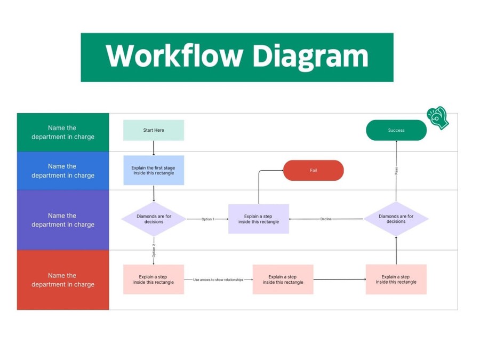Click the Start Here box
point(154,130)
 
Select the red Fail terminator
point(314,171)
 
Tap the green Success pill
point(396,130)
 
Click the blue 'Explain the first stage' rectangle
point(154,170)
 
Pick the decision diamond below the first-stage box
point(154,219)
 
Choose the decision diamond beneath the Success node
point(396,219)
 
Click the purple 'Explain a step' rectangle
point(259,219)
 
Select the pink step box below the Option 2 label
point(154,279)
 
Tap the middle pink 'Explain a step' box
point(283,279)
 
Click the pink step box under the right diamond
point(396,279)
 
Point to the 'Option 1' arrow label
point(207,219)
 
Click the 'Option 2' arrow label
point(154,251)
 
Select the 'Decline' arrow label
point(326,219)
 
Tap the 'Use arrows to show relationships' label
point(218,280)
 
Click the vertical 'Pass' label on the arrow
point(396,171)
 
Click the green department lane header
point(63,132)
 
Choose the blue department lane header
point(63,171)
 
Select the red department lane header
point(63,280)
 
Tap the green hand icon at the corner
point(438,118)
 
